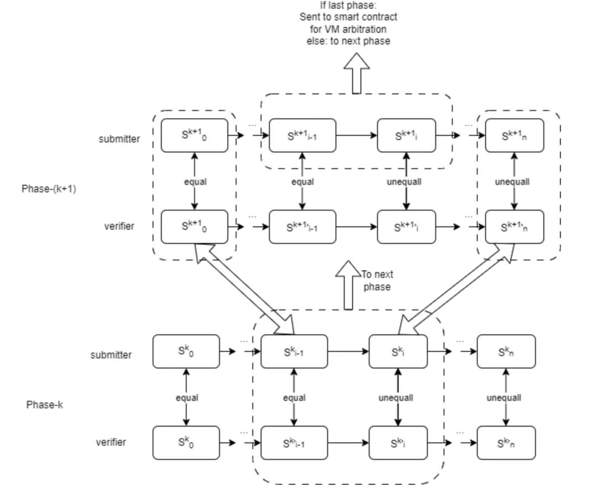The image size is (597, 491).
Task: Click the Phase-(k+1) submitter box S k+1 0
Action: (194, 135)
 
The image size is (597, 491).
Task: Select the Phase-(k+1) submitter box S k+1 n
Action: (514, 135)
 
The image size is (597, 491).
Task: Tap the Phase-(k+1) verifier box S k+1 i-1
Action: (302, 226)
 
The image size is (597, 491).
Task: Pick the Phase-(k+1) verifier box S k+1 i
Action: (407, 226)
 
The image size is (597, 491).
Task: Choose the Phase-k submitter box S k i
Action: (398, 351)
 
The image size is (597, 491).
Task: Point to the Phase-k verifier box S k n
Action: (506, 442)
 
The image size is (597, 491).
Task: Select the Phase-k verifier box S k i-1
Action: (294, 442)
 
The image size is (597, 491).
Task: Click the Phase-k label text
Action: (45, 405)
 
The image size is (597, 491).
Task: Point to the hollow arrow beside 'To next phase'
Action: (349, 284)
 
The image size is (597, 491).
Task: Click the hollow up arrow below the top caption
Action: (356, 77)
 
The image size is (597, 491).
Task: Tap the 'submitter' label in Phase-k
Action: (111, 355)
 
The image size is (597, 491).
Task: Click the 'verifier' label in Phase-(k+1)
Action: (119, 226)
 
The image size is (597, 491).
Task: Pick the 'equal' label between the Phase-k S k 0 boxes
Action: (187, 397)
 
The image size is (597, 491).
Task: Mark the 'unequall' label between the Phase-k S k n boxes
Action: (504, 397)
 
